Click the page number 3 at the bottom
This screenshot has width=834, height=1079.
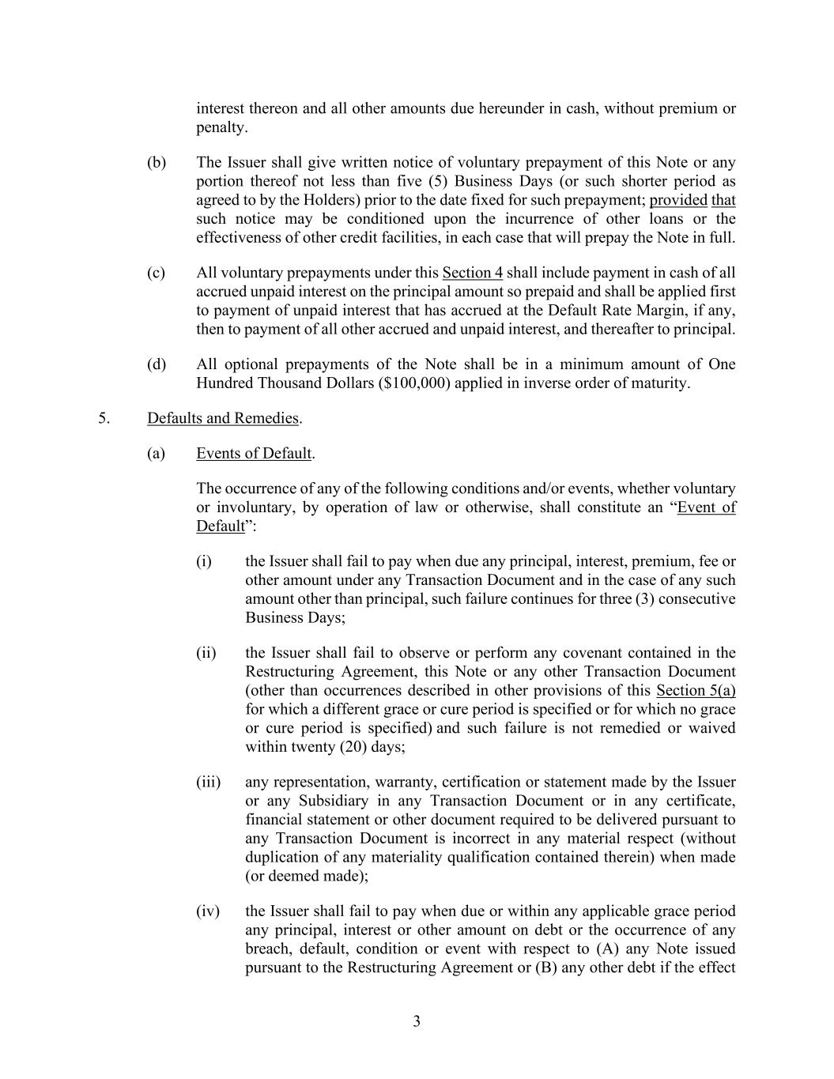click(x=417, y=1021)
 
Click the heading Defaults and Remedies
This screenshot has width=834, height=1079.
click(x=223, y=418)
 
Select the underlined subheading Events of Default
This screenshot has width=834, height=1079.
click(x=254, y=453)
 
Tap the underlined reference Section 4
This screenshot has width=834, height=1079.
click(x=472, y=273)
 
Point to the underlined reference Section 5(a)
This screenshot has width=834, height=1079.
click(x=696, y=690)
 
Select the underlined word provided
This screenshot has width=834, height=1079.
click(x=678, y=200)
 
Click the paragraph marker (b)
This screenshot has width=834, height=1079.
click(x=157, y=162)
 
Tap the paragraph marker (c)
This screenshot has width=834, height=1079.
click(x=157, y=273)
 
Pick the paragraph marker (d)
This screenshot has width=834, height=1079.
click(x=157, y=364)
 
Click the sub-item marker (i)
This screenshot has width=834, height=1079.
click(x=204, y=561)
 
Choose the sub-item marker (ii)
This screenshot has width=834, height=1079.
click(x=206, y=653)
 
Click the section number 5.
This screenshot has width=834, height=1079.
click(x=104, y=418)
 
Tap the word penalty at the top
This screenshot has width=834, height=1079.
click(x=221, y=127)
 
